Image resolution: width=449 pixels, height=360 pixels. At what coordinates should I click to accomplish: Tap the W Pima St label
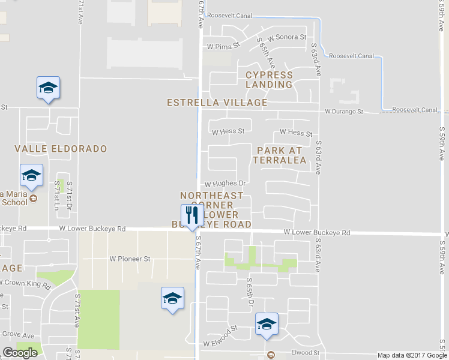(223, 45)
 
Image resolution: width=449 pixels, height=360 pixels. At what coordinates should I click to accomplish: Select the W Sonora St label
(287, 37)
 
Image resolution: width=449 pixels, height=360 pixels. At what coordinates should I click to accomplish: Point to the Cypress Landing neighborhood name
(269, 80)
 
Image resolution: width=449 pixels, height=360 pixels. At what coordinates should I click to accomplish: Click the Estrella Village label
(217, 103)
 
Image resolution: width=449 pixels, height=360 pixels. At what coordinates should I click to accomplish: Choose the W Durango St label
(344, 112)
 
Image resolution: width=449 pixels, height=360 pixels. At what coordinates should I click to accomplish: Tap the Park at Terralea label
(280, 155)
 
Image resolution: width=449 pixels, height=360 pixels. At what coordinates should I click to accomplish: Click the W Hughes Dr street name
(226, 184)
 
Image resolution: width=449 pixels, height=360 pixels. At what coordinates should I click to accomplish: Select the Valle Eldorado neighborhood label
(61, 148)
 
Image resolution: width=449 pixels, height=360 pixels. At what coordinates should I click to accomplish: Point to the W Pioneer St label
(129, 259)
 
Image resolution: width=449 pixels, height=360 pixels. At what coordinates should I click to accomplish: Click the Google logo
(20, 353)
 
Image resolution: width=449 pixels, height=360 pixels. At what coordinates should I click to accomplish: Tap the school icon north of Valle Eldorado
(48, 89)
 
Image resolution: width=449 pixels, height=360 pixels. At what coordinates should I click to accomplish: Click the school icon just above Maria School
(31, 176)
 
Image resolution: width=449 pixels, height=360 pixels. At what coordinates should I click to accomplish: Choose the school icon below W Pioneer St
(172, 299)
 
